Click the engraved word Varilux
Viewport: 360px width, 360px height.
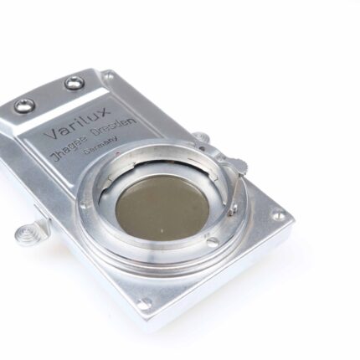pyautogui.click(x=78, y=123)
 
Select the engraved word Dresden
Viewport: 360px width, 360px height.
pyautogui.click(x=115, y=127)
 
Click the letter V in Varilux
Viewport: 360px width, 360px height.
pyautogui.click(x=53, y=134)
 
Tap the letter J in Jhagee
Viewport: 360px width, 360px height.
pyautogui.click(x=55, y=156)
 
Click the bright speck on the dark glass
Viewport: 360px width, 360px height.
pyautogui.click(x=162, y=230)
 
